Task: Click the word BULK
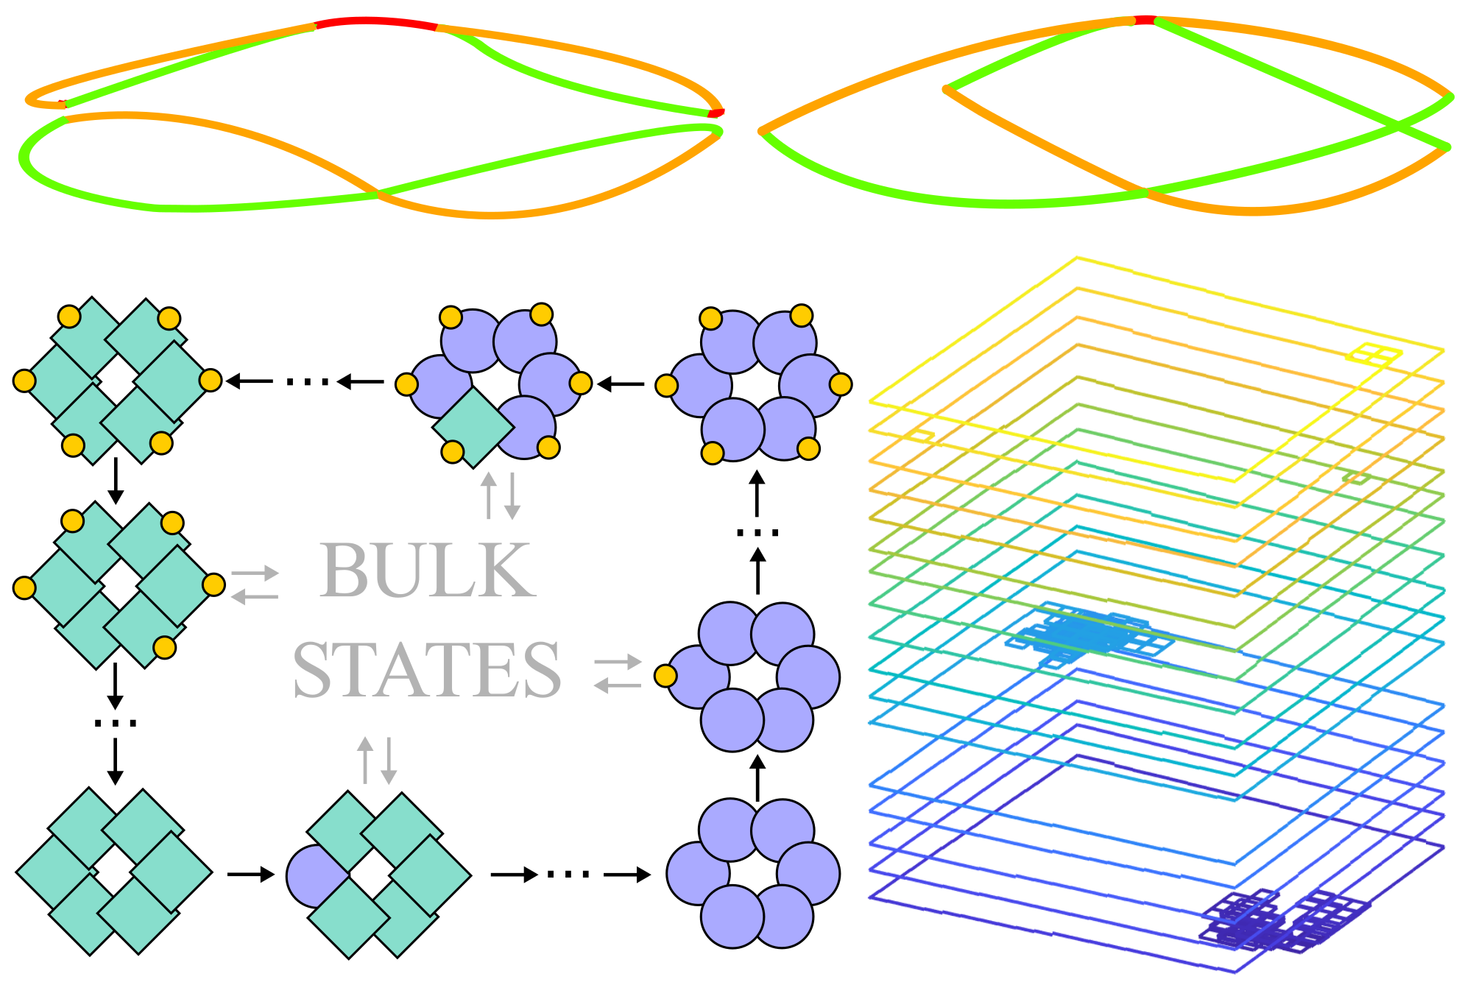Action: point(427,570)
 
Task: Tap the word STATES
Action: point(427,669)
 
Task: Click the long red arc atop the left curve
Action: point(375,22)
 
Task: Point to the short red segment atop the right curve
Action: point(1144,20)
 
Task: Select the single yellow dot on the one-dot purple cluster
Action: point(665,676)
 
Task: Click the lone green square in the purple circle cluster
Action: point(472,427)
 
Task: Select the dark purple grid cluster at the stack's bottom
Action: point(1281,920)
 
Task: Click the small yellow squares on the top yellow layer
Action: point(1374,355)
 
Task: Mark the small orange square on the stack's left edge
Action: point(920,436)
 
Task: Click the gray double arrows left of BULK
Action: point(255,585)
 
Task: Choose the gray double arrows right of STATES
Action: point(618,674)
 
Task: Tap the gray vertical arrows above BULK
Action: point(501,495)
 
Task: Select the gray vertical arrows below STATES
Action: point(377,760)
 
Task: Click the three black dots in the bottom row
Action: point(568,875)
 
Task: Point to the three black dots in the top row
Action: point(307,381)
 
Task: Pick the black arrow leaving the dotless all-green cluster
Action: point(250,874)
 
